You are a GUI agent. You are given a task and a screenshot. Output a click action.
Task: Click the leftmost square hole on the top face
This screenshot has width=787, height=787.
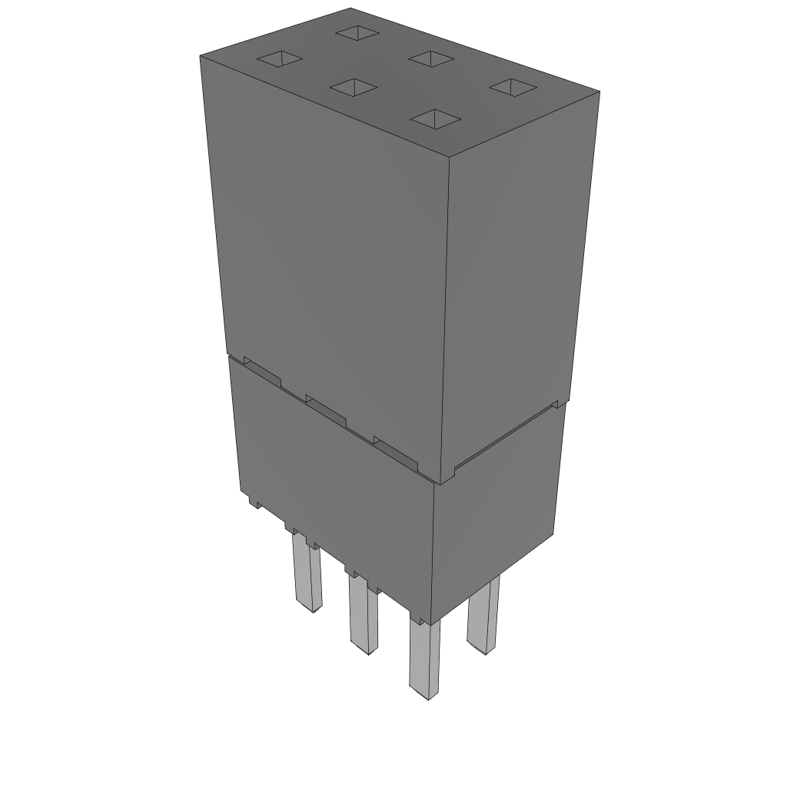[280, 60]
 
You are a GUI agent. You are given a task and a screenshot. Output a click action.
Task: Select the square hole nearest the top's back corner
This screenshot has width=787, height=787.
[358, 33]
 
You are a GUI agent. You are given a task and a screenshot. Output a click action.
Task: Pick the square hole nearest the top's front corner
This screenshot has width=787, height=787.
[435, 118]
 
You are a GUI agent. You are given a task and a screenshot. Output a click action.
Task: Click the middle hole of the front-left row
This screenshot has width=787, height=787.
[354, 87]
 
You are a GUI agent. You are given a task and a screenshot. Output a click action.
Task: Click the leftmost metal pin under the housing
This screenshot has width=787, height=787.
[306, 573]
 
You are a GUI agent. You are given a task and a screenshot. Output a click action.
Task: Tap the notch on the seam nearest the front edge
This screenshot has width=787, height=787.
[396, 453]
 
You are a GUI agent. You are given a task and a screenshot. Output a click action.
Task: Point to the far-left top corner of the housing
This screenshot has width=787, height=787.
[201, 57]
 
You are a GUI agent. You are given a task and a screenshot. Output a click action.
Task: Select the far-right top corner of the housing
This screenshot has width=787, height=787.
[599, 92]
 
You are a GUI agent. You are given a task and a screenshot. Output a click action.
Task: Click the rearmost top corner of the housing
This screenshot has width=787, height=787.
[350, 8]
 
